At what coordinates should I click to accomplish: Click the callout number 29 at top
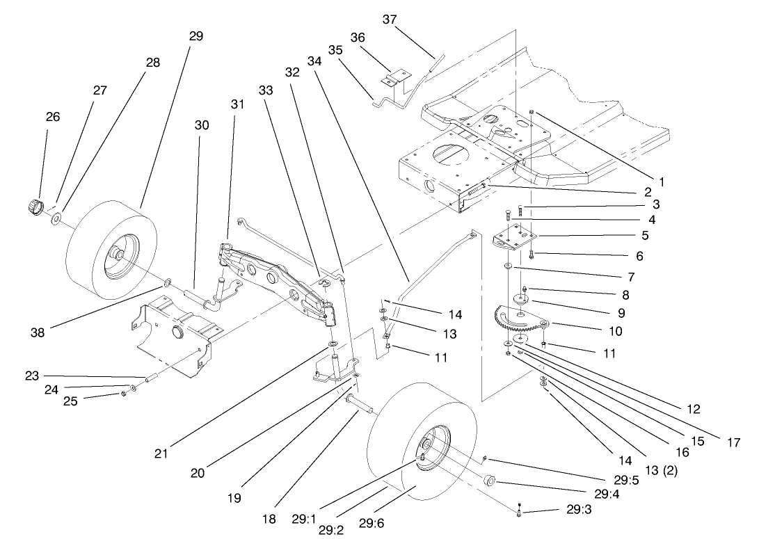pyautogui.click(x=196, y=36)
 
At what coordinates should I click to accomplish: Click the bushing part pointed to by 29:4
pyautogui.click(x=488, y=481)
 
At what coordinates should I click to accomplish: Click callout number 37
pyautogui.click(x=390, y=19)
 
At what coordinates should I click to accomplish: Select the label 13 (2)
pyautogui.click(x=661, y=471)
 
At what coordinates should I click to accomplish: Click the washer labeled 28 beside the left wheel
pyautogui.click(x=56, y=220)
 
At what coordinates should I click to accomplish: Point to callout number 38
pyautogui.click(x=38, y=333)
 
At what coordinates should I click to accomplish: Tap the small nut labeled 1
pyautogui.click(x=532, y=112)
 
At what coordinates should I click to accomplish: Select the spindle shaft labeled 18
pyautogui.click(x=356, y=403)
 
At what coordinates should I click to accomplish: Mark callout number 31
pyautogui.click(x=238, y=104)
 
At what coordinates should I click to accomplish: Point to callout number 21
pyautogui.click(x=161, y=453)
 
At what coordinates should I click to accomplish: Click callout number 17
pyautogui.click(x=732, y=442)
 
